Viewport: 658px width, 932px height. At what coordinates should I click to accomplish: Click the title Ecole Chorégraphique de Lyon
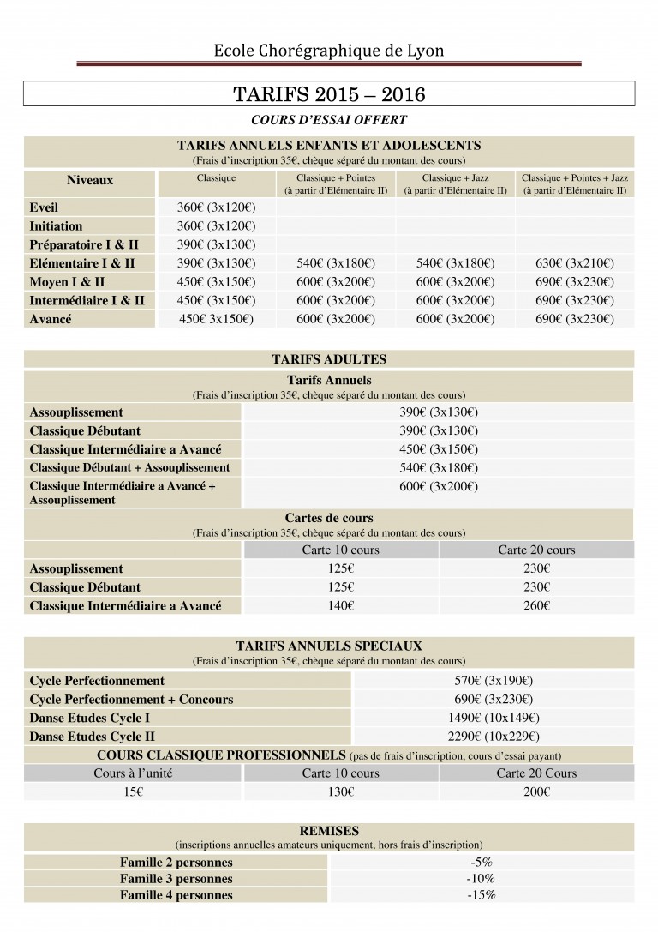329,51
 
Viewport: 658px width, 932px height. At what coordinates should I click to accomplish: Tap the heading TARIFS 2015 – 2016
329,93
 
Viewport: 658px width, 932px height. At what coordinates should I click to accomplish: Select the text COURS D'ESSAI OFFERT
329,120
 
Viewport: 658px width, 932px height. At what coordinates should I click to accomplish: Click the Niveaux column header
90,181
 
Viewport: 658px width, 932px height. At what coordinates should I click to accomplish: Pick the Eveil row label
44,208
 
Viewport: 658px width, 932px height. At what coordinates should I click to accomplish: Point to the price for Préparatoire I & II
216,245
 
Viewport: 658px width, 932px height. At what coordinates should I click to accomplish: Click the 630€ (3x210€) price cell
575,264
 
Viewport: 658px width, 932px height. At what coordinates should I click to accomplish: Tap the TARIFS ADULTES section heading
329,360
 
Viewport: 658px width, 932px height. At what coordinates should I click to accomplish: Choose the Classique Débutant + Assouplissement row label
129,468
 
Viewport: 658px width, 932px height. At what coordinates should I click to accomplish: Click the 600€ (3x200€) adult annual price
439,486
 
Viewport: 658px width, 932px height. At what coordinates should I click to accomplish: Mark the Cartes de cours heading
329,518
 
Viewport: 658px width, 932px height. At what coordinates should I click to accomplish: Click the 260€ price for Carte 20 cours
536,606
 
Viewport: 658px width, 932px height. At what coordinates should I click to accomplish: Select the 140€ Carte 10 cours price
340,606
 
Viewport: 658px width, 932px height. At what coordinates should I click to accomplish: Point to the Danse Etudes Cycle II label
92,737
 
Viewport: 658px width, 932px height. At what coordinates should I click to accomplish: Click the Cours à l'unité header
133,773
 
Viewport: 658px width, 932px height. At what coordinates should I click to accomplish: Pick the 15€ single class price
133,792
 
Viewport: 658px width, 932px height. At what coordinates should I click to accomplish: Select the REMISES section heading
329,831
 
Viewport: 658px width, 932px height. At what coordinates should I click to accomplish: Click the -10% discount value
481,879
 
